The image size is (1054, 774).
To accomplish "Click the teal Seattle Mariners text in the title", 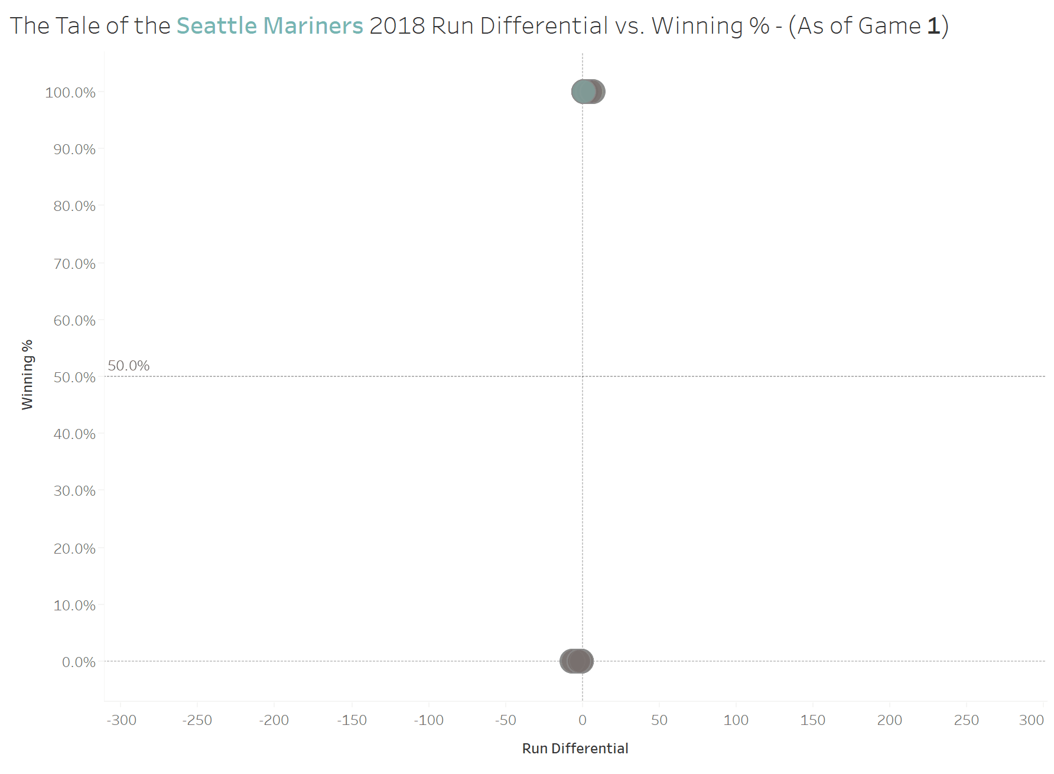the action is click(269, 26).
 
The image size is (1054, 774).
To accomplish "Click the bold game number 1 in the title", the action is click(933, 26).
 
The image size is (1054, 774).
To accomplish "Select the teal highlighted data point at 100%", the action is click(584, 92).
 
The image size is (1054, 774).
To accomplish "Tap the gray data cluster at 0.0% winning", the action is click(577, 661).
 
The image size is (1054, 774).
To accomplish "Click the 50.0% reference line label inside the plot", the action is click(129, 366).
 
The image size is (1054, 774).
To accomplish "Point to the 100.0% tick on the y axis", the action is click(70, 92).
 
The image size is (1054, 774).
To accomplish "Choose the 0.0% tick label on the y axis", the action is click(79, 662).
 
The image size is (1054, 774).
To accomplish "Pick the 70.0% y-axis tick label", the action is click(74, 264).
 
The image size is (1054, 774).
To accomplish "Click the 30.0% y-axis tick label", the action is click(74, 491).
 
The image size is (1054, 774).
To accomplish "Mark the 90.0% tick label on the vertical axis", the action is click(74, 149).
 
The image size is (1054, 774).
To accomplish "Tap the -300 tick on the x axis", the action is click(121, 720).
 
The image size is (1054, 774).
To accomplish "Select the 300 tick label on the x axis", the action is click(1032, 720).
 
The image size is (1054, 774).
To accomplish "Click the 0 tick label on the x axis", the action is click(583, 720).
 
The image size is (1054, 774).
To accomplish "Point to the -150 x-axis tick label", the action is click(352, 720).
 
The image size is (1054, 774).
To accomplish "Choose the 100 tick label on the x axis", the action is click(736, 720).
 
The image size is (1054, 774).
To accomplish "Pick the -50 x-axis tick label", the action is click(506, 720).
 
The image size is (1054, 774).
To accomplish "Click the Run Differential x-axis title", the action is click(575, 749).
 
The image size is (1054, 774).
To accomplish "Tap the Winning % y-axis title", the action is click(27, 375).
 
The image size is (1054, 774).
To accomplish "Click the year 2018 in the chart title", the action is click(397, 26).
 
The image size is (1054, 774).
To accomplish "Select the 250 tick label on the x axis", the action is click(967, 720).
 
